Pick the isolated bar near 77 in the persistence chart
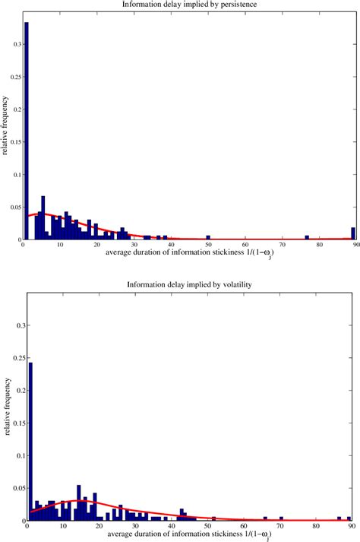pyautogui.click(x=308, y=238)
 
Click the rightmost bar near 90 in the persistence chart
pyautogui.click(x=353, y=233)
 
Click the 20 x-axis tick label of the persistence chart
pyautogui.click(x=97, y=244)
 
